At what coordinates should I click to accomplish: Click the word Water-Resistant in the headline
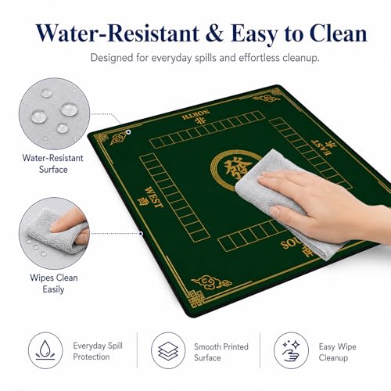click(x=118, y=33)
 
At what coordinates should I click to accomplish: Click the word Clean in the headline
click(x=339, y=33)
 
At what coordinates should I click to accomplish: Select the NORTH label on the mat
click(x=196, y=115)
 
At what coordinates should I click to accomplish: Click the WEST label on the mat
click(x=154, y=197)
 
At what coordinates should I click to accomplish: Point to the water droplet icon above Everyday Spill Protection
click(x=45, y=350)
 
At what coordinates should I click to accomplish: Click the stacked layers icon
click(x=168, y=350)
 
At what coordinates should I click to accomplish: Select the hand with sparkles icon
click(x=291, y=350)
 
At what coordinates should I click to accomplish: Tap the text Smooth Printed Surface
click(x=221, y=352)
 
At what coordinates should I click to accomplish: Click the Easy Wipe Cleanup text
click(x=337, y=352)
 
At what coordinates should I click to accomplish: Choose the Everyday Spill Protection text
click(x=98, y=351)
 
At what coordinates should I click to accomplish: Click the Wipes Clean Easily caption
click(x=54, y=284)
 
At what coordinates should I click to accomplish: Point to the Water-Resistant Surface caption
click(x=53, y=163)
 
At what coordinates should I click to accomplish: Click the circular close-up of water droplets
click(x=55, y=113)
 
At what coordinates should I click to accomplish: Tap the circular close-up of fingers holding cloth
click(x=55, y=233)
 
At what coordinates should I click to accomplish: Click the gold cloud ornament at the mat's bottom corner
click(x=211, y=282)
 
